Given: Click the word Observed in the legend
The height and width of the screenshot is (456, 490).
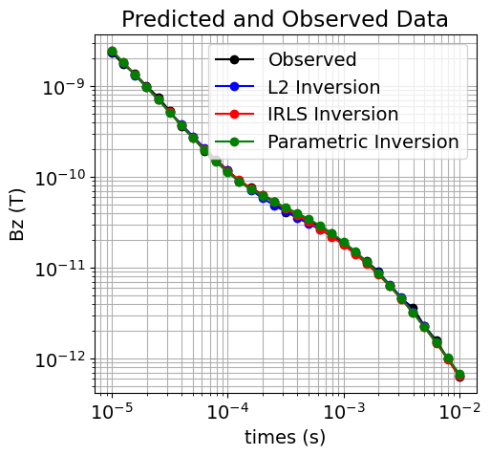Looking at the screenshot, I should coord(312,60).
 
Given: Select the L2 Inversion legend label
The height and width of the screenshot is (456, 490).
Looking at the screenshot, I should coord(324,88).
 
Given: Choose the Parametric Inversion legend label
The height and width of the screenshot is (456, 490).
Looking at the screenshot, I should coord(363,142).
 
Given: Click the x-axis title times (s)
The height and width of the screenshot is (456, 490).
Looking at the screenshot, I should coord(285,437).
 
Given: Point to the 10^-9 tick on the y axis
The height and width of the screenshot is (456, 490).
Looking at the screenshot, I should coord(64,87).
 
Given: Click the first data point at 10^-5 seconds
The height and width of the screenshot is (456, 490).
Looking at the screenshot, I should coord(112,52).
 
